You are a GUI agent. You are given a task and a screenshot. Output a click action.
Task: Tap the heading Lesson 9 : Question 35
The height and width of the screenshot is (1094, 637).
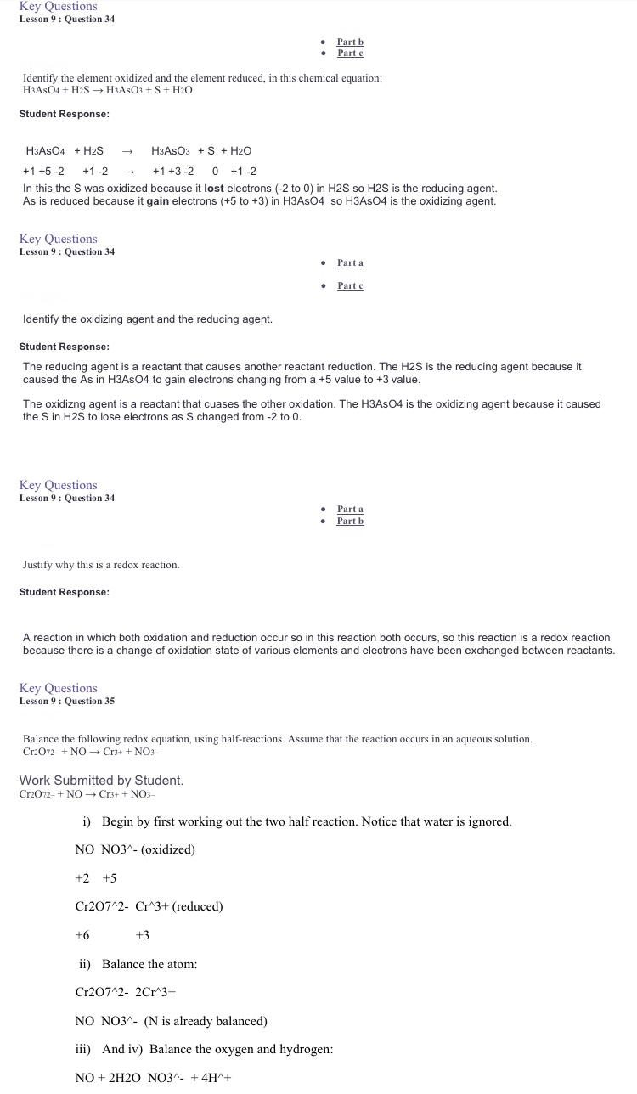(67, 701)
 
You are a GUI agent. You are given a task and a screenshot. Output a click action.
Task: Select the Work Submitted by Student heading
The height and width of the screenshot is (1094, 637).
(101, 780)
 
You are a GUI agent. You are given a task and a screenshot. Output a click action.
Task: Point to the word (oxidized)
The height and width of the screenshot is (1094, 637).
(168, 849)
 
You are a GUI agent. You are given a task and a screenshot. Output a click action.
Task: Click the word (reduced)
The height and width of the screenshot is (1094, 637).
(197, 906)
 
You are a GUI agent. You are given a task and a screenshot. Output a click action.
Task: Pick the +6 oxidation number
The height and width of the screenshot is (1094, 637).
(82, 935)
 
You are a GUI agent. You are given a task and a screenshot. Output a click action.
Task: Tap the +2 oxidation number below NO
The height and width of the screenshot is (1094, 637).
(82, 878)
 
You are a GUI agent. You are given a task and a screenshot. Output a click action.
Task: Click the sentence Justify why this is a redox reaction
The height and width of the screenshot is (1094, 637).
(101, 565)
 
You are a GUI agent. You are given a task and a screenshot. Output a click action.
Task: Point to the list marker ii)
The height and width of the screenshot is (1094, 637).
(85, 964)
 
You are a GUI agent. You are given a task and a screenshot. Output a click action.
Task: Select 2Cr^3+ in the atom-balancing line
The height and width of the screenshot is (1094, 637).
(155, 992)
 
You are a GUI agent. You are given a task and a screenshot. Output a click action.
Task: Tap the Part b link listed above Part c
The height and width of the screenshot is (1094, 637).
(350, 42)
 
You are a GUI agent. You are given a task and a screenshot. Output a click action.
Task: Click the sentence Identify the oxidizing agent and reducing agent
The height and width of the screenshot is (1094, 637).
(148, 319)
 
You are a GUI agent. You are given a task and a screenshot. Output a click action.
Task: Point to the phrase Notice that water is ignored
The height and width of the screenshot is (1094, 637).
(437, 821)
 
